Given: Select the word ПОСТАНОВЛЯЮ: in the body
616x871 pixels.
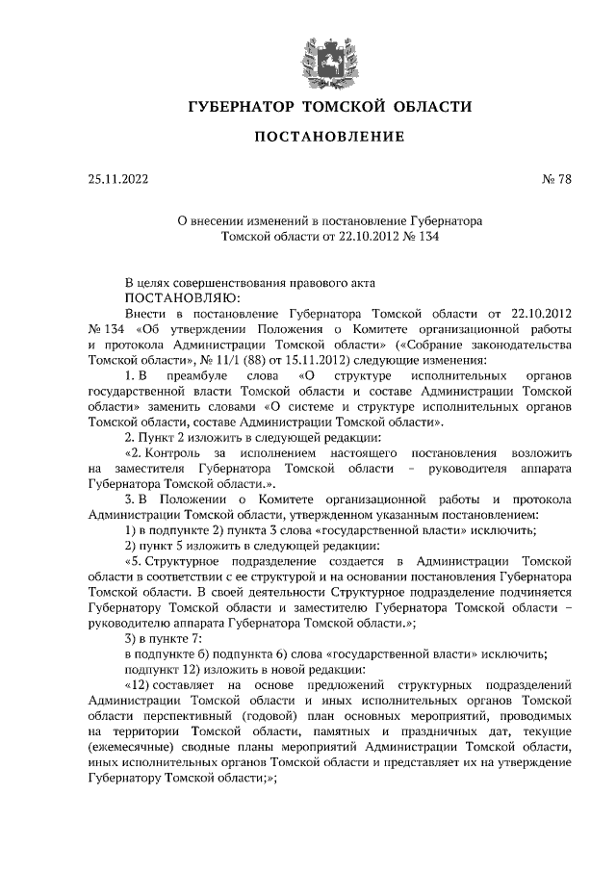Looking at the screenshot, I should point(172,298).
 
